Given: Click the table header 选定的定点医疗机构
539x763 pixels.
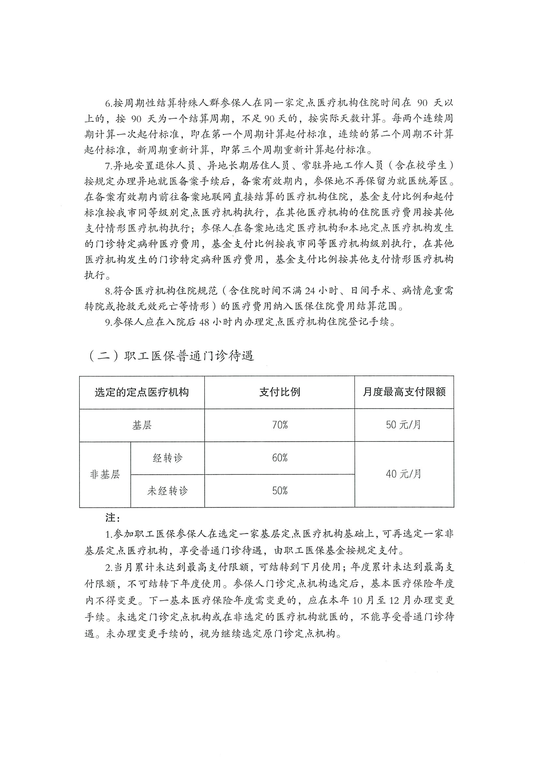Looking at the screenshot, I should click(x=142, y=392).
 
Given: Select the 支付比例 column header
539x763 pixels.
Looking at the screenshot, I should click(x=279, y=392).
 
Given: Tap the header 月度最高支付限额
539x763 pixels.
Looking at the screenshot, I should click(x=404, y=392).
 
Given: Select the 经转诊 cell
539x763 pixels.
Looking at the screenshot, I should click(x=168, y=458).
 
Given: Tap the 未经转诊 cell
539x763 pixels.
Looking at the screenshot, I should click(x=168, y=491).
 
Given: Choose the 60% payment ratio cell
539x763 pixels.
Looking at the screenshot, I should click(x=279, y=458).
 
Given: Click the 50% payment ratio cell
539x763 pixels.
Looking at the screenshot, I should click(x=279, y=491).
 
